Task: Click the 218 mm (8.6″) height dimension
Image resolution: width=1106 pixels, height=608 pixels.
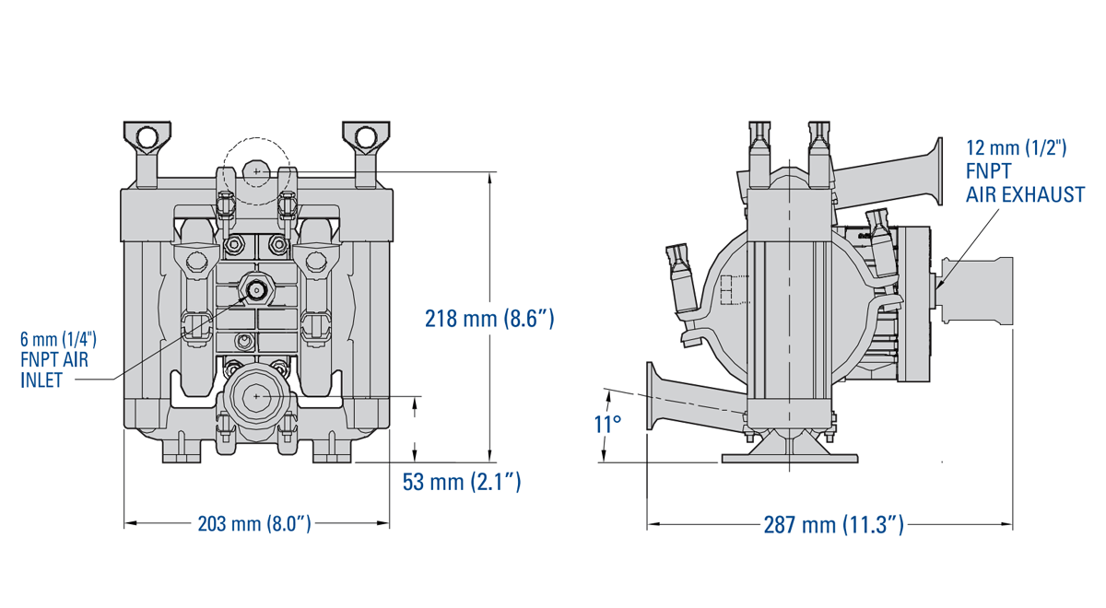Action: click(488, 319)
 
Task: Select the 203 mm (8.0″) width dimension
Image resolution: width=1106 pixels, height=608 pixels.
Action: click(254, 524)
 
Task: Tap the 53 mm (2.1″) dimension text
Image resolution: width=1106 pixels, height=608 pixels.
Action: click(462, 481)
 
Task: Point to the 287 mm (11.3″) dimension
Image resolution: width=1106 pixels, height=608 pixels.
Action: click(833, 525)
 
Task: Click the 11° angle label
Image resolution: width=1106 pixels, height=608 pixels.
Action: click(607, 425)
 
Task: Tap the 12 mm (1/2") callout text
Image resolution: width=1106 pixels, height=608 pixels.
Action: click(1016, 148)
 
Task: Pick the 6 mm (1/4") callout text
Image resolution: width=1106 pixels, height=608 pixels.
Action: click(58, 339)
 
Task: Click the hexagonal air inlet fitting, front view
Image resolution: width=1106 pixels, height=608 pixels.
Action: click(255, 289)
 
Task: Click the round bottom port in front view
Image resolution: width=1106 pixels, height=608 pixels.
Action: click(255, 396)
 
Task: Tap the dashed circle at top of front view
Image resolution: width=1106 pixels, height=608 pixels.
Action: click(256, 170)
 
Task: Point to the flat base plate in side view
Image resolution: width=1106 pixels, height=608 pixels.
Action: click(790, 458)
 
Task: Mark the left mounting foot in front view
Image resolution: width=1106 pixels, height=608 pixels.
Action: click(181, 454)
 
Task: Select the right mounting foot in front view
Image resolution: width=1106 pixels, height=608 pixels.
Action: click(332, 454)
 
